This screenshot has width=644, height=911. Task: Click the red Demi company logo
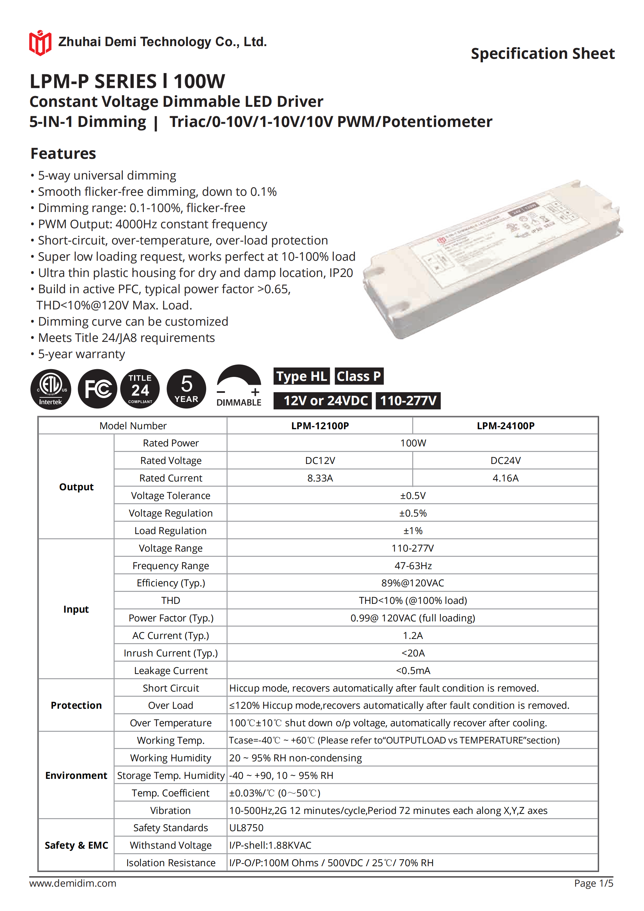(40, 43)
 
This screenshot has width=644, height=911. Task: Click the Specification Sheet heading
(542, 54)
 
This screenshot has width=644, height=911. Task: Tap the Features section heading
(63, 154)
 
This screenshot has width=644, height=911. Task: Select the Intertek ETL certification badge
(51, 389)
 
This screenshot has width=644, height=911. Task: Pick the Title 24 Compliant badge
(140, 389)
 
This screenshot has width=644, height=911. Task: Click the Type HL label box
(302, 376)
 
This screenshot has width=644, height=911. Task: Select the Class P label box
(359, 376)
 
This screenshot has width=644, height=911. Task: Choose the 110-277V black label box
(408, 401)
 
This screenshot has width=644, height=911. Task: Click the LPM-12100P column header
(320, 426)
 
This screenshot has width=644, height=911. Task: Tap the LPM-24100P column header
(505, 426)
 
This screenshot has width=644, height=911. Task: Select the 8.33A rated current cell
(320, 478)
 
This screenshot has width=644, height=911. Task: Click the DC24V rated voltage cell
(505, 461)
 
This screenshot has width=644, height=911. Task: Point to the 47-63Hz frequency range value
(413, 566)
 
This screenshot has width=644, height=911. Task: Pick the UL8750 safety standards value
(246, 828)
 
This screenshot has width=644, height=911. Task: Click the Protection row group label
(76, 705)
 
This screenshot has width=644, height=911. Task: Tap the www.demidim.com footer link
(73, 883)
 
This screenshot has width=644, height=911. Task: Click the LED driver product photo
(492, 258)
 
